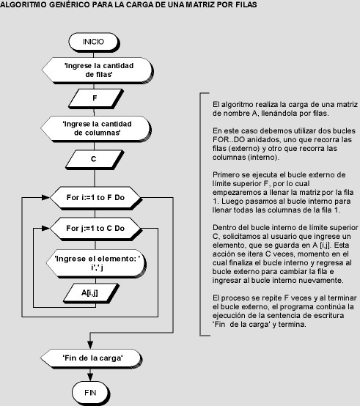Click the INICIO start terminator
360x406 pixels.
(94, 42)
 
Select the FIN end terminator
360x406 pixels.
(90, 393)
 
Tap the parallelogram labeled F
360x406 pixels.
(95, 99)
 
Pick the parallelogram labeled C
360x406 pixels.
(95, 160)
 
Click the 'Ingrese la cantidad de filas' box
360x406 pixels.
(98, 70)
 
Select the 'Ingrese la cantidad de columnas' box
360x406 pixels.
(96, 129)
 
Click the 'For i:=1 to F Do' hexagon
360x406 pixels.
(95, 198)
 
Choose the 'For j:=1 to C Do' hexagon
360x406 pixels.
(95, 229)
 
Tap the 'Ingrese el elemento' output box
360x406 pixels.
(96, 264)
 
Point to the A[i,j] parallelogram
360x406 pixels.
(91, 294)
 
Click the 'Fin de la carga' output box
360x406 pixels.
(92, 358)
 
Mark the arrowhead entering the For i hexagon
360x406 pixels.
(45, 198)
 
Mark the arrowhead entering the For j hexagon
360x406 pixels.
(45, 229)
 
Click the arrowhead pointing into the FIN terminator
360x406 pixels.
(90, 378)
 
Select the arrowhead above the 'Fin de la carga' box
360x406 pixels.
(90, 344)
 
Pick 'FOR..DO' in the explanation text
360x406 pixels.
(229, 140)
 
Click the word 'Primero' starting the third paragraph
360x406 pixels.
(226, 175)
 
